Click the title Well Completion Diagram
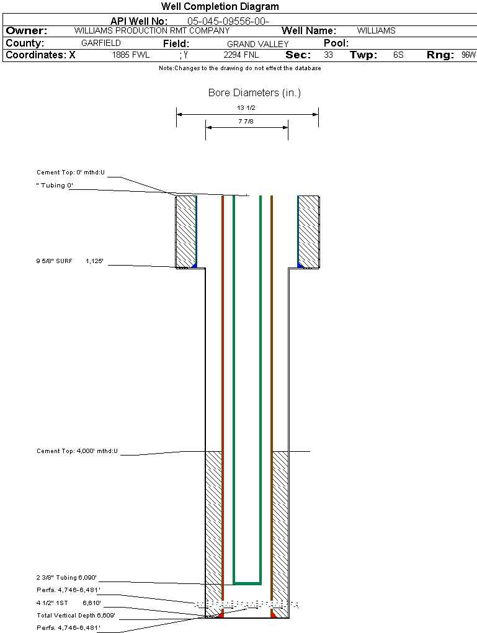click(220, 7)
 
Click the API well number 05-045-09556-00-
click(228, 21)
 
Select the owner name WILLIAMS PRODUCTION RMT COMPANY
click(151, 30)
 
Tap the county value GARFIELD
click(101, 43)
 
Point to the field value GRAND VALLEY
click(257, 44)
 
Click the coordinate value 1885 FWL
click(131, 55)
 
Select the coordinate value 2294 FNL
click(241, 55)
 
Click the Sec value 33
click(328, 55)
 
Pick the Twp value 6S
click(398, 55)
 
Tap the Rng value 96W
click(468, 55)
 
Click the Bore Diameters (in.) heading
click(254, 93)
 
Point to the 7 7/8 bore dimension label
click(246, 122)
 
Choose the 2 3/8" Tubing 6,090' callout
click(67, 577)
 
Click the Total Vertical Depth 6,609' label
click(76, 616)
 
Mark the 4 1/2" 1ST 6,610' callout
click(68, 603)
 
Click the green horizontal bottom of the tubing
click(247, 583)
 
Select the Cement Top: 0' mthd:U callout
click(71, 173)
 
